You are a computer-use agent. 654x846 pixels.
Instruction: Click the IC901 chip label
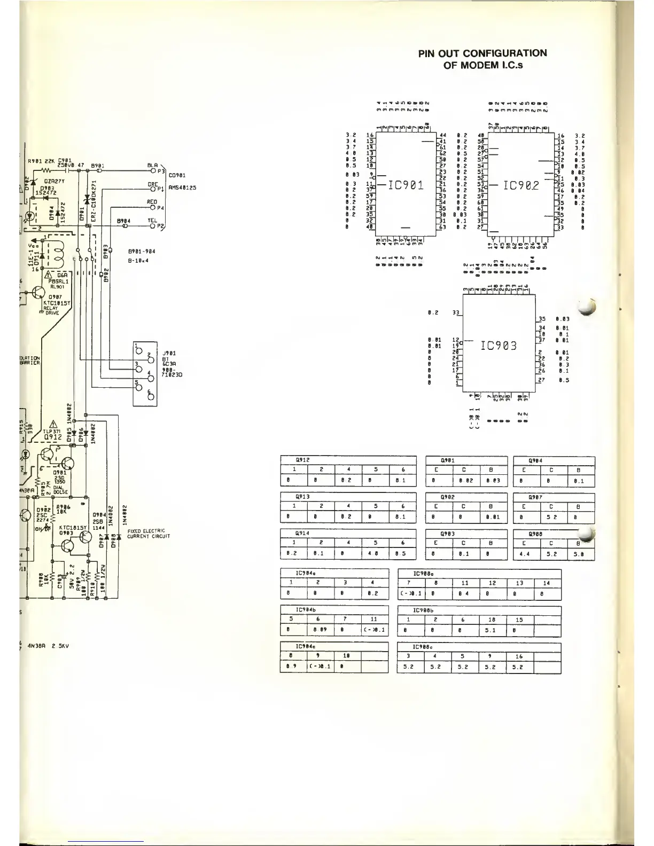406,185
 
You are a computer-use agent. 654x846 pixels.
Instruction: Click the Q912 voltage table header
303,460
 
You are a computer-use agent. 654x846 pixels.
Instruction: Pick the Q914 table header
302,533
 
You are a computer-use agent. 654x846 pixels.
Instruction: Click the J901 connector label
169,353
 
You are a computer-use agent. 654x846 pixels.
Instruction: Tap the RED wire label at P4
152,202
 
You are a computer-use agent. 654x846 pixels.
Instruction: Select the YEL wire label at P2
152,220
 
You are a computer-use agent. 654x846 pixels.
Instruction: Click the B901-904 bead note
142,250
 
